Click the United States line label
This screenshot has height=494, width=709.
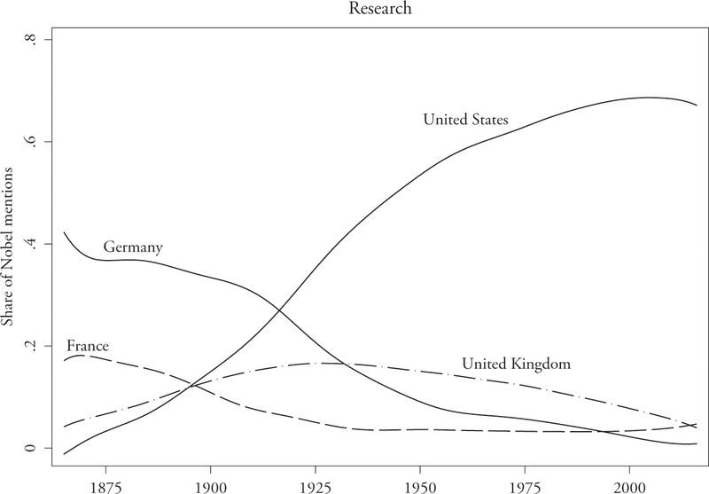point(464,119)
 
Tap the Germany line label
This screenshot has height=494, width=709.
point(133,247)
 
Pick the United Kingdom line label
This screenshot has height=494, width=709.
point(515,364)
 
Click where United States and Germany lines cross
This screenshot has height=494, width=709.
point(280,309)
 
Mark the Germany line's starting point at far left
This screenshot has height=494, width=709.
point(64,232)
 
